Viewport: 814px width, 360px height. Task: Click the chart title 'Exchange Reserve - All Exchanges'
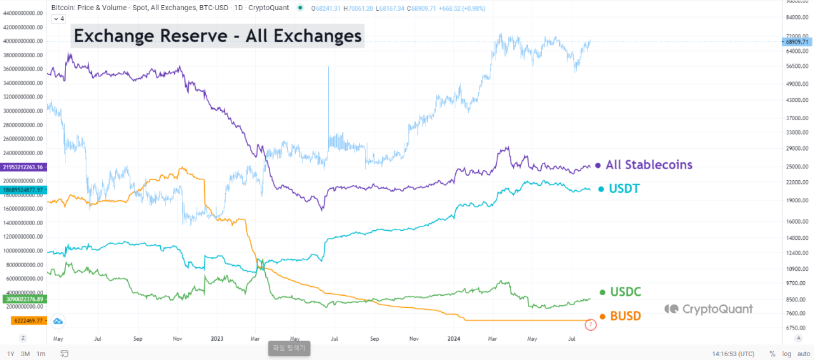tap(217, 36)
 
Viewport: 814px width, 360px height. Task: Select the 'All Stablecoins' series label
tap(649, 165)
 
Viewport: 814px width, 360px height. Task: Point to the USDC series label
tap(625, 292)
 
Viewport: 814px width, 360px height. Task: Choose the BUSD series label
tap(625, 316)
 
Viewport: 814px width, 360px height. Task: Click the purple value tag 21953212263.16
tap(23, 167)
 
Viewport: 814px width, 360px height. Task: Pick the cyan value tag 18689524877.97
tap(23, 190)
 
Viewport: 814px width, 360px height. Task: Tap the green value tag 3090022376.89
tap(23, 299)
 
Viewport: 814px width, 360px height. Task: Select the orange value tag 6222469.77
tap(26, 321)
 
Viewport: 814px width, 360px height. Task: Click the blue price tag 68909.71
tap(796, 42)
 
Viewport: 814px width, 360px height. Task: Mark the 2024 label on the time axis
tap(453, 340)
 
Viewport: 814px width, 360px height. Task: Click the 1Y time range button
tap(11, 354)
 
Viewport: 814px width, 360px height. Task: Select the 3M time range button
tap(25, 354)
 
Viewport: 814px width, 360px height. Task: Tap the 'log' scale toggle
tap(786, 354)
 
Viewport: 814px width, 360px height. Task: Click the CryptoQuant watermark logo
tap(708, 309)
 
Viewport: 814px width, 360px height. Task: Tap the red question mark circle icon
tap(590, 325)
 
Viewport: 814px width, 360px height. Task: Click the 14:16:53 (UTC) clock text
tap(733, 354)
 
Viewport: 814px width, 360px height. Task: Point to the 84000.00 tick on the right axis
tap(796, 17)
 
